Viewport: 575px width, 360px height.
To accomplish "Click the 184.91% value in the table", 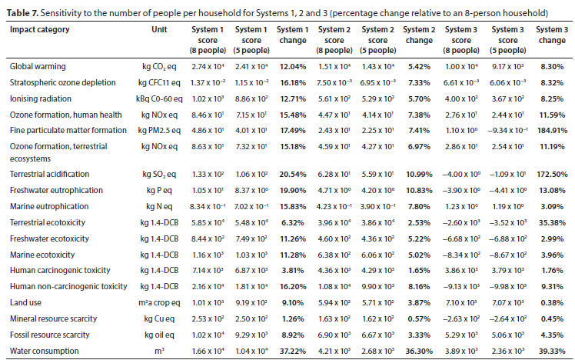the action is (552, 130).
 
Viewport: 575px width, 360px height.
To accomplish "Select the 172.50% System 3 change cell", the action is (552, 174).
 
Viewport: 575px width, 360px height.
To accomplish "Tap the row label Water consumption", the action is (45, 351).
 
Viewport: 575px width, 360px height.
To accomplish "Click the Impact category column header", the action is (40, 29).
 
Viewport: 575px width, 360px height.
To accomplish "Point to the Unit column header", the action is (159, 29).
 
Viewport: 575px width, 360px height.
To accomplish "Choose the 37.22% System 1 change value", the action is (293, 351).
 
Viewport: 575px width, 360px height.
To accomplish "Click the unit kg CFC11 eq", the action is (159, 82).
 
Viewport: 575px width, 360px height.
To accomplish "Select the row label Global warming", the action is (38, 66).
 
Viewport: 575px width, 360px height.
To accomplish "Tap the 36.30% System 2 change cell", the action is (419, 351).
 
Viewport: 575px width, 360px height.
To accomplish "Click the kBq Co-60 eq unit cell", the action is (159, 98).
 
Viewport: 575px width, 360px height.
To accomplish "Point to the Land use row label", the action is (25, 302).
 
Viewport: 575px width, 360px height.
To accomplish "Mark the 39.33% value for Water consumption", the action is (552, 351).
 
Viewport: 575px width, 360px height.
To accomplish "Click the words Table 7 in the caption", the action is (22, 13).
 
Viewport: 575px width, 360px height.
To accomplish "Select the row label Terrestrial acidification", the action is (49, 174).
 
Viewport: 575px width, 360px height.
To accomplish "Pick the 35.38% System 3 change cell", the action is (552, 222).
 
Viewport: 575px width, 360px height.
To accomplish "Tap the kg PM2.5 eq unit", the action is (159, 130).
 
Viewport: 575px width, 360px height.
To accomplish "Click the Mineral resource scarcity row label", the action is (54, 318).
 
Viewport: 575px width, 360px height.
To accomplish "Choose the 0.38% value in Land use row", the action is (552, 302).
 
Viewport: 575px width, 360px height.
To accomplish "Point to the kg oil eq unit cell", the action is (159, 335).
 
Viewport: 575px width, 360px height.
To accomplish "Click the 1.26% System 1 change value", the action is (293, 318).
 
